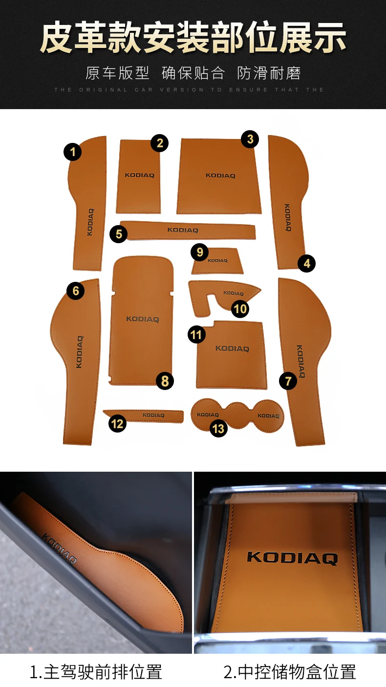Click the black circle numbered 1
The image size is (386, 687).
tap(73, 152)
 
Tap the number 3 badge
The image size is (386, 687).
tap(250, 139)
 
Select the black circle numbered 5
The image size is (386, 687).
tap(119, 234)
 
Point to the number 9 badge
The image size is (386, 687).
tap(199, 252)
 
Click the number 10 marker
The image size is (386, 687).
tap(240, 309)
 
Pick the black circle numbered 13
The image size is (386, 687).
tap(218, 429)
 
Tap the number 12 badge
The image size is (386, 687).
tap(117, 424)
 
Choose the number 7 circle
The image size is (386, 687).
tap(288, 381)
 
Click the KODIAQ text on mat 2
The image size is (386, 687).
tap(139, 176)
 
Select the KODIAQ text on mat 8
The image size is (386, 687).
tap(143, 319)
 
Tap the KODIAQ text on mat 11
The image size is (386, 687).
tap(232, 348)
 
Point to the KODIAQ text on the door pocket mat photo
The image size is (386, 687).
tap(59, 549)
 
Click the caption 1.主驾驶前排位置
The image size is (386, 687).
tap(96, 672)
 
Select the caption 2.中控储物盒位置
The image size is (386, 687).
tap(290, 672)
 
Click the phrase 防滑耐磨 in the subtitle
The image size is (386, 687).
tap(269, 73)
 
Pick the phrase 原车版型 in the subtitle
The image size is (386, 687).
tap(117, 73)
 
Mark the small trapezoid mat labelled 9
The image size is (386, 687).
tap(218, 261)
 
